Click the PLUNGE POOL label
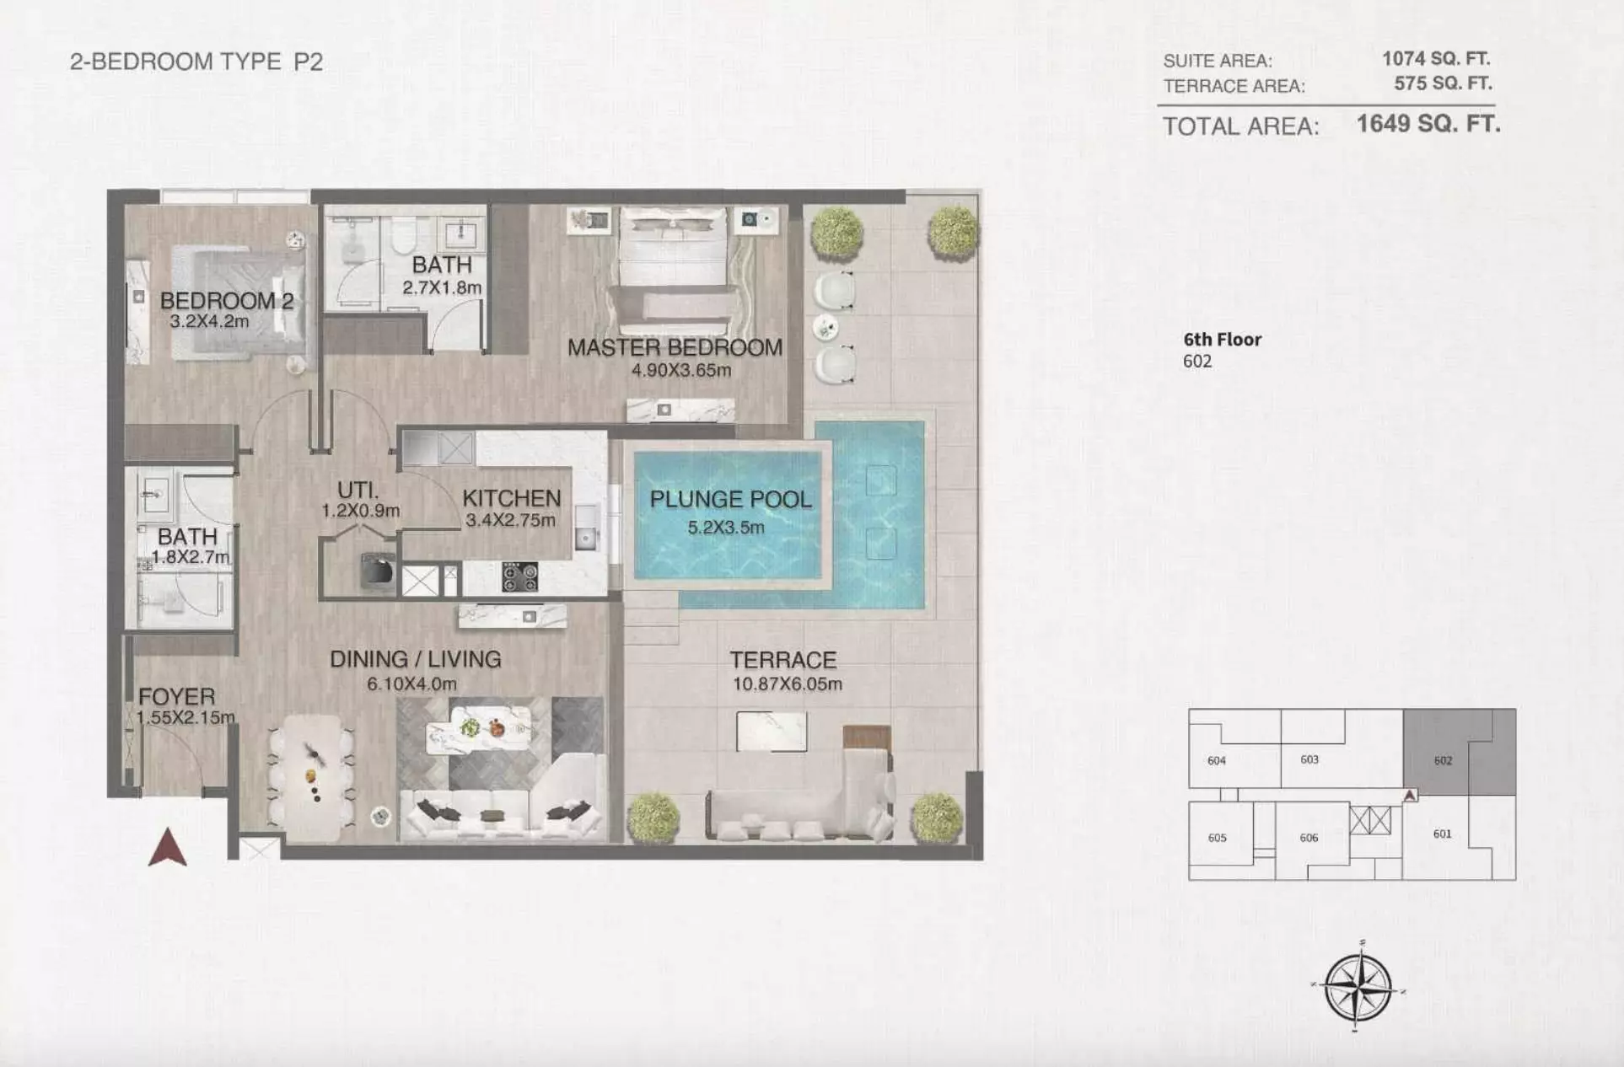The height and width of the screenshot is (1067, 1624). [x=731, y=499]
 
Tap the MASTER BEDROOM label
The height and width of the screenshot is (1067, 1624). [x=675, y=347]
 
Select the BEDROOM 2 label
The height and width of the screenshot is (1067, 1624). [x=227, y=301]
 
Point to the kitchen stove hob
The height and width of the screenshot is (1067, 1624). [x=519, y=577]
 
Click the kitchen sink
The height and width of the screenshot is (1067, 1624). [x=586, y=526]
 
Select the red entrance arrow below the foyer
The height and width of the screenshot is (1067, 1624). [x=168, y=847]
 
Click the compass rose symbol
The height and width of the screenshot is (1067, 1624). [x=1358, y=986]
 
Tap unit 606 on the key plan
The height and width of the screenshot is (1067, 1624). [x=1309, y=838]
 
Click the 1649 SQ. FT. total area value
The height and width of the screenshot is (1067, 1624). [x=1428, y=124]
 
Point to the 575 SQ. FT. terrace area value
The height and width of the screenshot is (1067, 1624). [x=1443, y=83]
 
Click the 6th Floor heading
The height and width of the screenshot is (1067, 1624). [x=1223, y=340]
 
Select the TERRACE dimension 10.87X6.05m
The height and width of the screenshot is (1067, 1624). [x=787, y=684]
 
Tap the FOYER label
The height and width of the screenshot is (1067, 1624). [x=176, y=697]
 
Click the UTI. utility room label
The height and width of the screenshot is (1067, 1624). [x=358, y=490]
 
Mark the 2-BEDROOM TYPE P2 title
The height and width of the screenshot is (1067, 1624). [x=196, y=62]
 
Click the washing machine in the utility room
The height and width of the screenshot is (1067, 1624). [x=378, y=571]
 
